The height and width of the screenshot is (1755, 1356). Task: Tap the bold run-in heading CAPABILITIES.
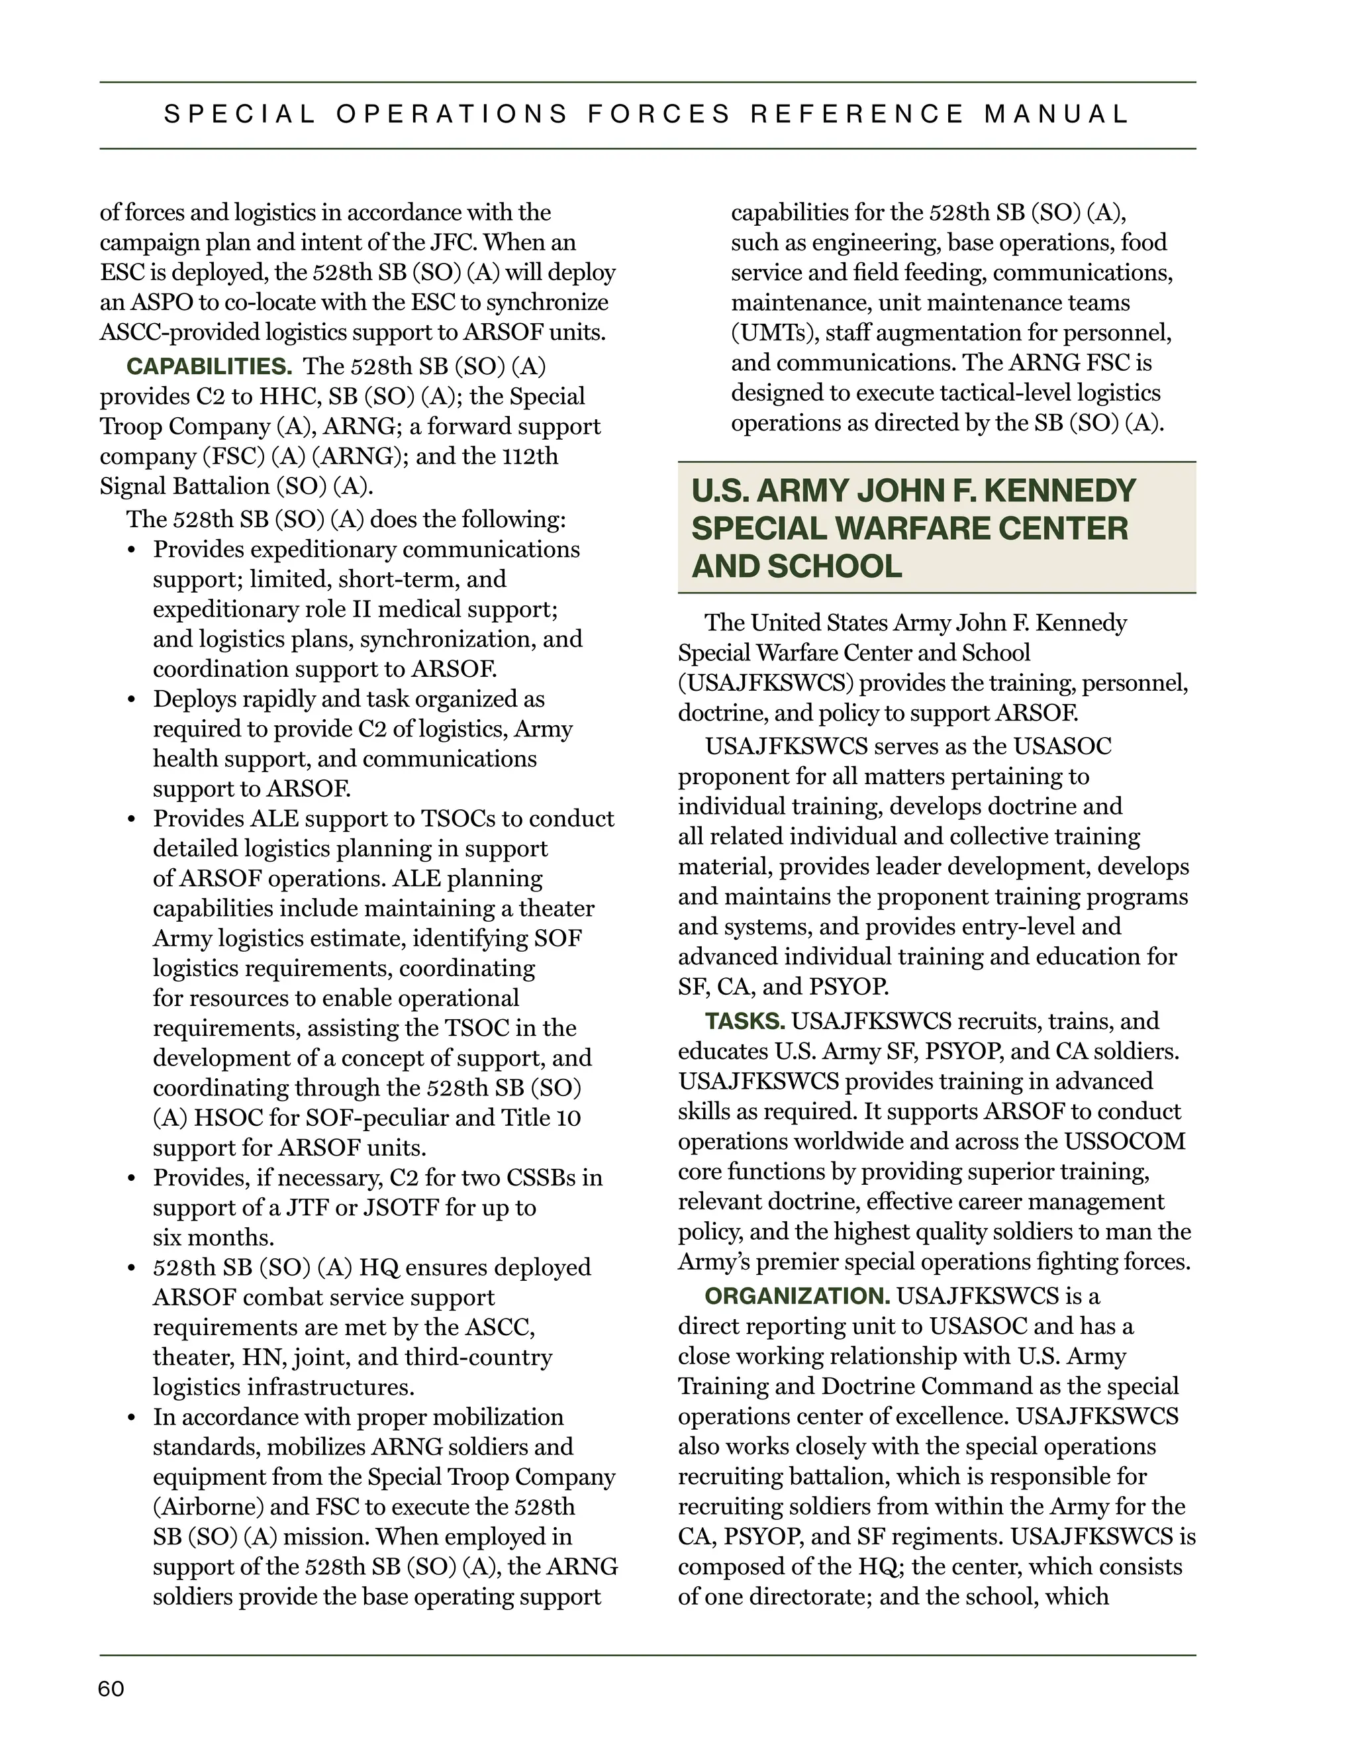[x=209, y=368]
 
